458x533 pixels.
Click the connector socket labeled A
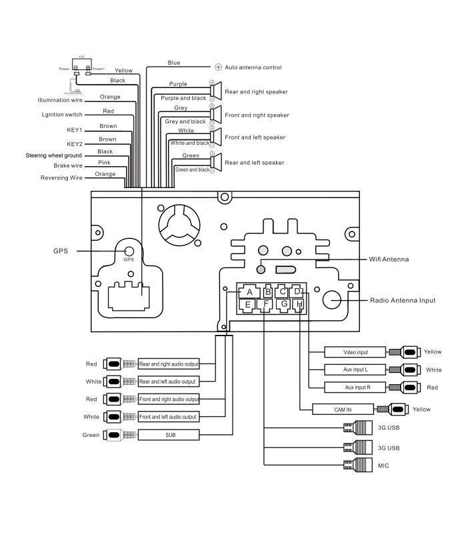coord(249,292)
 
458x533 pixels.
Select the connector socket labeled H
coord(299,304)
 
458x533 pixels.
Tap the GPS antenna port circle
coord(129,251)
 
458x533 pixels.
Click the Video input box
coord(355,352)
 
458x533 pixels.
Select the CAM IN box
coord(343,410)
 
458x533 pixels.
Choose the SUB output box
coord(168,435)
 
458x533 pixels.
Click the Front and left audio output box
coord(168,416)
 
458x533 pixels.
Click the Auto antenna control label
coord(253,67)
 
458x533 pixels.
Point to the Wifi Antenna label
coord(388,259)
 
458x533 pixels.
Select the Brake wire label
coord(68,165)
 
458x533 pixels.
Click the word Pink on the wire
coord(105,162)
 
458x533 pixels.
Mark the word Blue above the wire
coord(174,63)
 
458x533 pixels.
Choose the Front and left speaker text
coord(255,137)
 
